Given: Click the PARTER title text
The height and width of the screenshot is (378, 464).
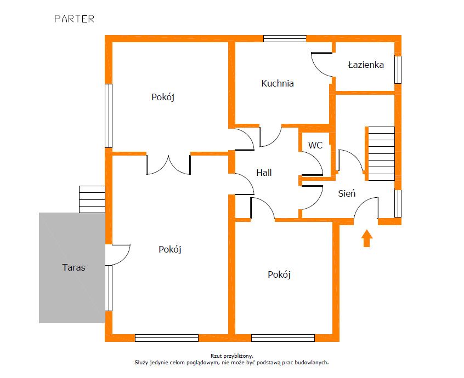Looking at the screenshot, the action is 74,19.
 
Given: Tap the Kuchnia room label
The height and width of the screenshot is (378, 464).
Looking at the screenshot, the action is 278,83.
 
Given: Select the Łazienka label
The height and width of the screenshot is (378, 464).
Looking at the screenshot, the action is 366,65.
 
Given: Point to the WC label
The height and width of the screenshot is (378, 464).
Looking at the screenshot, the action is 315,145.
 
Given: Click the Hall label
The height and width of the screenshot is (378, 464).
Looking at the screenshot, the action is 264,173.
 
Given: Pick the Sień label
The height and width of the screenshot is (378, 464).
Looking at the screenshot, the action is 347,193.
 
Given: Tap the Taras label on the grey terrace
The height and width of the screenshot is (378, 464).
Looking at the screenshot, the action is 73,267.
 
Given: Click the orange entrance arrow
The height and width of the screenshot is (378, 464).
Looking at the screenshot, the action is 366,238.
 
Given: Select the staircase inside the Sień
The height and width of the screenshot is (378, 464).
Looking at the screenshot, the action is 381,153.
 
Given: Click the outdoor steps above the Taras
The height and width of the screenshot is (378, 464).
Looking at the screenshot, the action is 92,199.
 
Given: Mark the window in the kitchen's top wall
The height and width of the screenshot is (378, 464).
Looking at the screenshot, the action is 285,39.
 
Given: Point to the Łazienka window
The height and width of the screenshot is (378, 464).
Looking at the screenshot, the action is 398,70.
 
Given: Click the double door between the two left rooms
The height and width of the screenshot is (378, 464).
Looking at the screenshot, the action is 168,165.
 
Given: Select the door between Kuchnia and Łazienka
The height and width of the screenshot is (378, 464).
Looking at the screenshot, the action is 321,65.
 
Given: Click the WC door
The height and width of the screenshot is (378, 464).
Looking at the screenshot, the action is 312,163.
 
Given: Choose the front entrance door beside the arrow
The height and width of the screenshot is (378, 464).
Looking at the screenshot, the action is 366,208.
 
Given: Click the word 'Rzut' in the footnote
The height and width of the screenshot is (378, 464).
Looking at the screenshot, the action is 216,356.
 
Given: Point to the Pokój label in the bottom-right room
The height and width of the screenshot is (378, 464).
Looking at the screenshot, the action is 279,274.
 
